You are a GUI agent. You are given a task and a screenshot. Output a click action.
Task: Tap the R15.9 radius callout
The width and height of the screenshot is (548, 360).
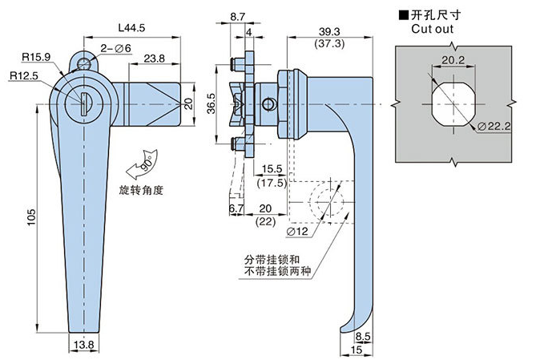tap(36, 56)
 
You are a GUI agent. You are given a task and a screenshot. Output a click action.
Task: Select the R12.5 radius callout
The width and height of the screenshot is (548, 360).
tap(25, 75)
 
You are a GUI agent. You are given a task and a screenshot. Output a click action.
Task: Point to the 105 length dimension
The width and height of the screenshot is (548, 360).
tap(31, 216)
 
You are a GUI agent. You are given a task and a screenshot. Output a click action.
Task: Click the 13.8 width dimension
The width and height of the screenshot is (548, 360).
tap(83, 344)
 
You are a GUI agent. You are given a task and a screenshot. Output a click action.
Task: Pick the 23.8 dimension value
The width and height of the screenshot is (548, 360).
tap(155, 58)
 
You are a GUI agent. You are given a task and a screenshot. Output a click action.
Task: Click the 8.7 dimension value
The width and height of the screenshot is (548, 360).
tap(238, 16)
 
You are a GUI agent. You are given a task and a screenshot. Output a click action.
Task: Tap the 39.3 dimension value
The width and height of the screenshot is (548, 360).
tap(329, 30)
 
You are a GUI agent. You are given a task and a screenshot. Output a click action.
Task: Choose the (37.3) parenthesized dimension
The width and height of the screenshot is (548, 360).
tap(329, 43)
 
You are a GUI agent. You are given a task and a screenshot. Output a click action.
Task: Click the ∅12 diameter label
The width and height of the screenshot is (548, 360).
tap(297, 231)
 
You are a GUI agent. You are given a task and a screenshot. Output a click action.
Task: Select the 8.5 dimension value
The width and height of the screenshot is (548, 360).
tap(362, 337)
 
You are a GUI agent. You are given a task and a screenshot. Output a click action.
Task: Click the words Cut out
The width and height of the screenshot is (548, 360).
tap(434, 29)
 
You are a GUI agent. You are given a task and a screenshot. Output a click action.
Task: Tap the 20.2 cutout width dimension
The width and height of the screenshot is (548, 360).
tap(453, 59)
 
